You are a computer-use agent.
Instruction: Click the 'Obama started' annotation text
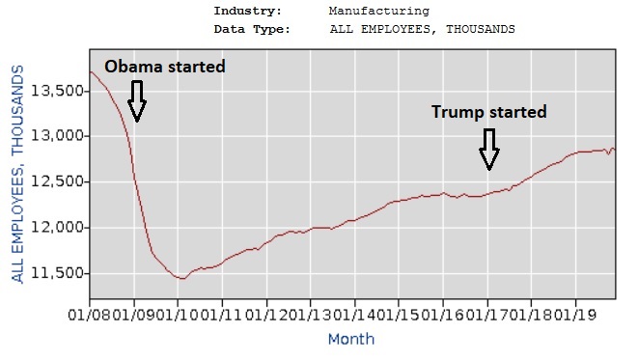[164, 67]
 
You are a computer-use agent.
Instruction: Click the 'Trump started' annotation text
[488, 112]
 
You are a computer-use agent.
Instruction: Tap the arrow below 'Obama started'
[136, 101]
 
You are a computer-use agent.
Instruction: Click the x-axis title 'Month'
[350, 339]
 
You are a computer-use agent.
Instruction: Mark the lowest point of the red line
[180, 278]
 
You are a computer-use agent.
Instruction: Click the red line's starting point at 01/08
[90, 71]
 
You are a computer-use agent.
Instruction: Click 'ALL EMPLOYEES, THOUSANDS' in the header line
[422, 29]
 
